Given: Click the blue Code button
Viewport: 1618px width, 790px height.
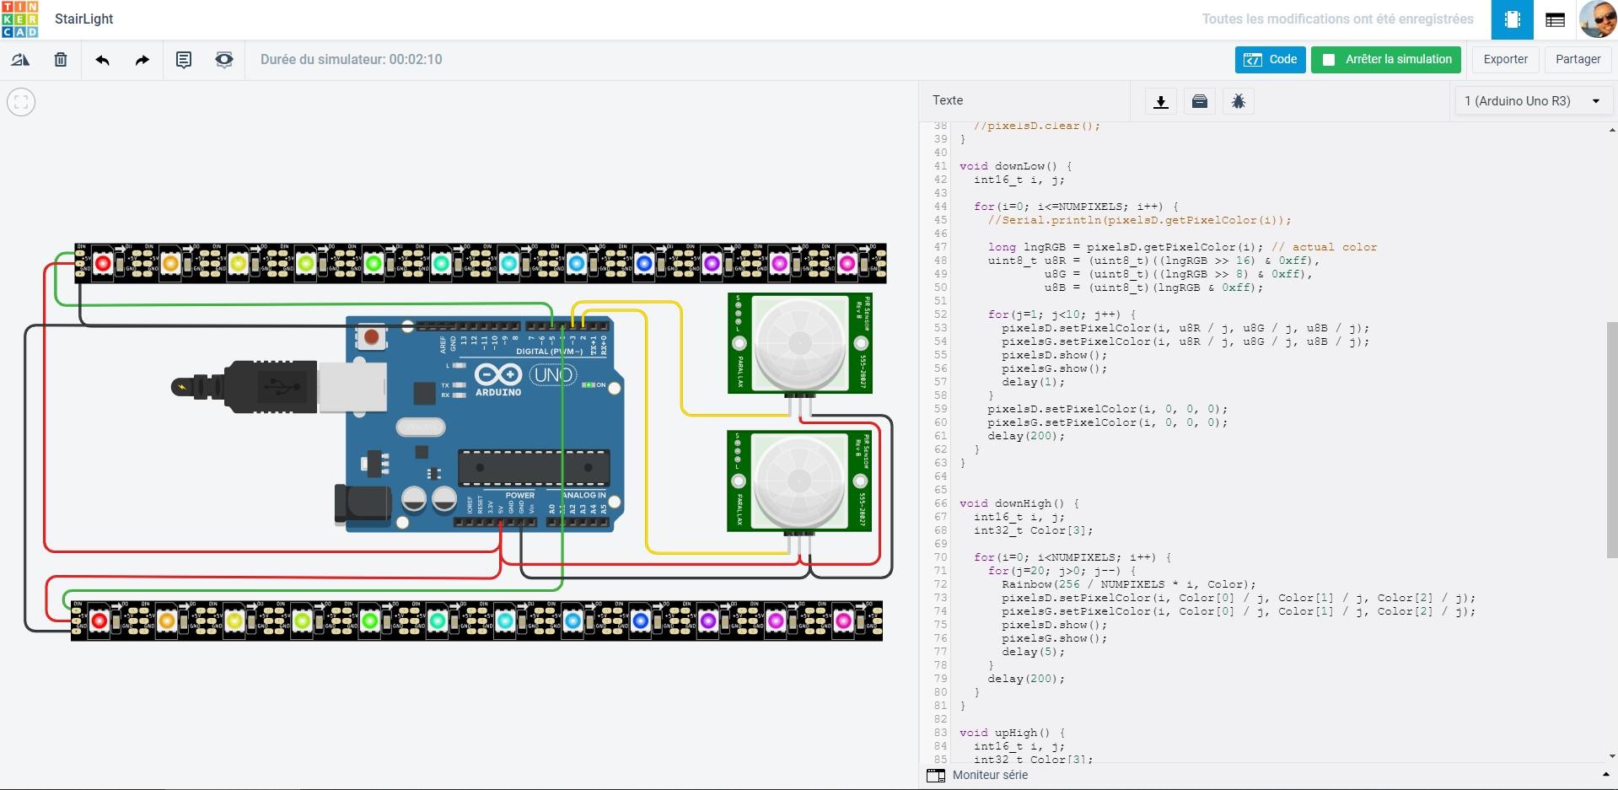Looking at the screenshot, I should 1270,60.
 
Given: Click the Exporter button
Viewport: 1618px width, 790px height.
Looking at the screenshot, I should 1505,60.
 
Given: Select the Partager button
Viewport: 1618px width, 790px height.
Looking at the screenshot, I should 1578,60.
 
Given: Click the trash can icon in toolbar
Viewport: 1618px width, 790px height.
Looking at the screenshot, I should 61,60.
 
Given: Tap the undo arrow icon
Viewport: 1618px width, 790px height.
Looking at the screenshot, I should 103,60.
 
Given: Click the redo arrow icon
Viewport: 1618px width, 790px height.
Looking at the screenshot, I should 142,60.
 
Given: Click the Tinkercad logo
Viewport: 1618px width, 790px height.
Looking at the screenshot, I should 19,19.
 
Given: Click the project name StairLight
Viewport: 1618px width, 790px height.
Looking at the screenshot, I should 83,19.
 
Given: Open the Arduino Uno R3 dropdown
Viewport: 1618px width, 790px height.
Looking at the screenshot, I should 1531,101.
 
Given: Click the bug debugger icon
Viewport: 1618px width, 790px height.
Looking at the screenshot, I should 1238,102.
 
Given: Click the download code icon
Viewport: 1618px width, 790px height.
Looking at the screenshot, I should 1161,102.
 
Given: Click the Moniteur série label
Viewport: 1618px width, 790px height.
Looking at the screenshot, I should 990,775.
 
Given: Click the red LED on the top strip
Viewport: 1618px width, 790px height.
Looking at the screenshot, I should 103,264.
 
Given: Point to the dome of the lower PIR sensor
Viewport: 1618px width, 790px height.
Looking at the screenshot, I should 798,481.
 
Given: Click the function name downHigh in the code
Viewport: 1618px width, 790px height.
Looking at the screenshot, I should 1023,503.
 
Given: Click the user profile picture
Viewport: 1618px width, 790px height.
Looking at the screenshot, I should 1597,19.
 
